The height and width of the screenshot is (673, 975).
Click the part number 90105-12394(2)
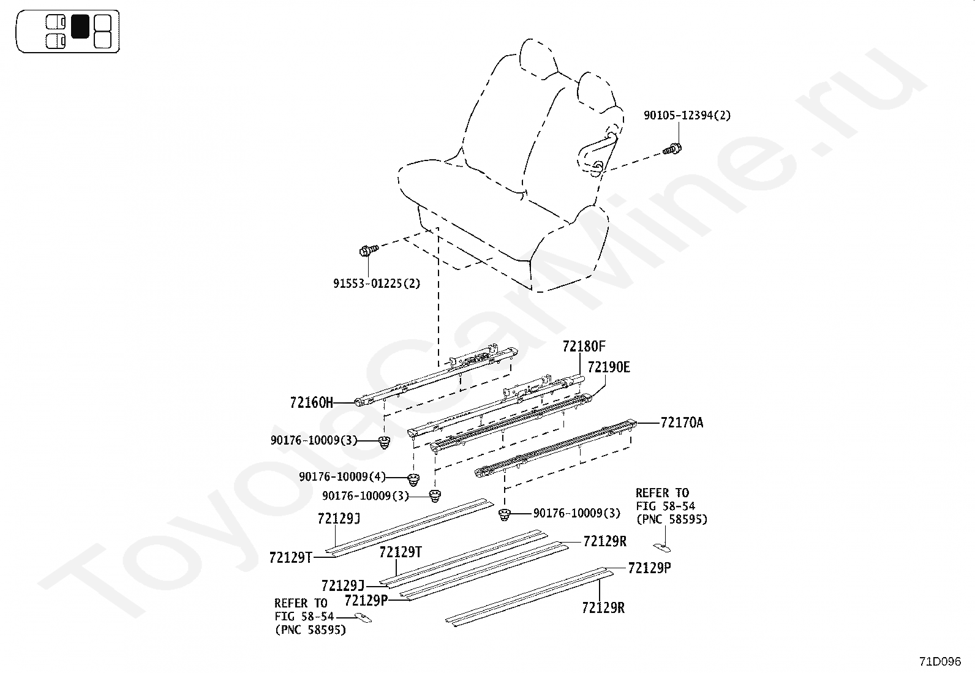(x=687, y=115)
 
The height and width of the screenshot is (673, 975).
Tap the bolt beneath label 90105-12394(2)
(x=672, y=149)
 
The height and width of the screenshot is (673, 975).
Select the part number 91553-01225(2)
(x=377, y=284)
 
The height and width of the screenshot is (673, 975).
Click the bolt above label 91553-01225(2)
(x=369, y=250)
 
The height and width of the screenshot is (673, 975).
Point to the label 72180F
(x=584, y=347)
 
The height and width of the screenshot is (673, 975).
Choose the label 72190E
(x=609, y=367)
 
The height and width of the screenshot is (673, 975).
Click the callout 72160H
(x=311, y=403)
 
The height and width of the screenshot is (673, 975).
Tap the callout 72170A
(x=682, y=423)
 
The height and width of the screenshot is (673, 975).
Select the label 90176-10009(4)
(x=342, y=476)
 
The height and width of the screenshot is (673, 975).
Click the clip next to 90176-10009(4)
(x=413, y=480)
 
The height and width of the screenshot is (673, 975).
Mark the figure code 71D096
(x=940, y=662)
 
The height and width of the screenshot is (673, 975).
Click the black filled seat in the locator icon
(x=80, y=26)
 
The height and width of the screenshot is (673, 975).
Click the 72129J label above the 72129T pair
(x=339, y=519)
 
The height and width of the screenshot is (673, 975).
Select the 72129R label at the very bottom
(x=603, y=607)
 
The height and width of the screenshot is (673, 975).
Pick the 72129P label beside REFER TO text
(x=366, y=601)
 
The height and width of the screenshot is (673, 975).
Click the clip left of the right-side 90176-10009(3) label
(x=505, y=515)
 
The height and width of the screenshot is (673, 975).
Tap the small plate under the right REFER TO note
(x=662, y=547)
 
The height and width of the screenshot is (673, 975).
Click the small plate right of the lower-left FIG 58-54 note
(x=363, y=618)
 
